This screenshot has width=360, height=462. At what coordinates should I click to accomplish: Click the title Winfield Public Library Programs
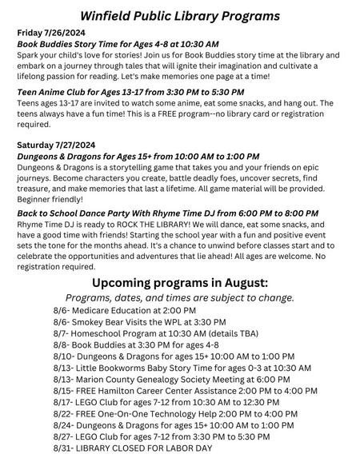tap(179, 15)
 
